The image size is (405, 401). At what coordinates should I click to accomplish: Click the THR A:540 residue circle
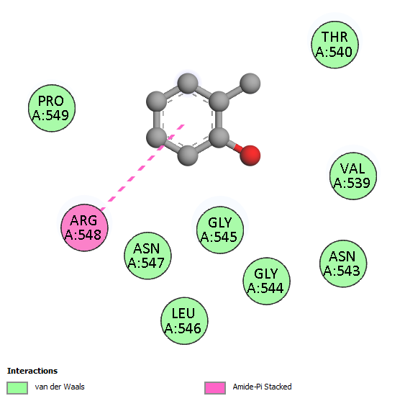click(335, 45)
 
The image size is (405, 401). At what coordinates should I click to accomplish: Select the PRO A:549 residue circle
click(52, 108)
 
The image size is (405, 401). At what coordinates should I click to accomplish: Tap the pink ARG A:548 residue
click(84, 227)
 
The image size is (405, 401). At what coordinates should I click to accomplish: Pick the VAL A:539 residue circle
click(353, 176)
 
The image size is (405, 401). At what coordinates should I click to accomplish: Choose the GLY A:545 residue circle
click(220, 230)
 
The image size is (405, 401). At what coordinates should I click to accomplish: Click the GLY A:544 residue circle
click(266, 281)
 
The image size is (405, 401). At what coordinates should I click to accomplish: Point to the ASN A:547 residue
click(147, 256)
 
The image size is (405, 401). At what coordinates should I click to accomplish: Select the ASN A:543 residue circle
click(343, 263)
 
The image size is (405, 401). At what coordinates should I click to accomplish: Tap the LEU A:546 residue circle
click(184, 320)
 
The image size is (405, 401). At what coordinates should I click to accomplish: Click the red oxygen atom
click(250, 156)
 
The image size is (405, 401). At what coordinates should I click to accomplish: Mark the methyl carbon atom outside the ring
click(250, 84)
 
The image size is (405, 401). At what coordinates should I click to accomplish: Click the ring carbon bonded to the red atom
click(219, 138)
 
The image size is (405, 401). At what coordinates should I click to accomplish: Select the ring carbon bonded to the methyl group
click(219, 102)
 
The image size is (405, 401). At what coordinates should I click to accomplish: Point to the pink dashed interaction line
click(142, 167)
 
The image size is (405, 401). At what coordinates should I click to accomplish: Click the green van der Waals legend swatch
click(17, 388)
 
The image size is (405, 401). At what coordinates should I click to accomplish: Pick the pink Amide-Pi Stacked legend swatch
click(215, 388)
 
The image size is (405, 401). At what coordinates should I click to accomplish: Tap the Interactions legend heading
click(32, 371)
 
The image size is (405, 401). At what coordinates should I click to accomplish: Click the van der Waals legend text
click(60, 387)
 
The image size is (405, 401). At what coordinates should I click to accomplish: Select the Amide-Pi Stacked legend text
click(262, 387)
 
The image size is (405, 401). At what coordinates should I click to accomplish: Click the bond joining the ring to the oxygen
click(235, 147)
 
